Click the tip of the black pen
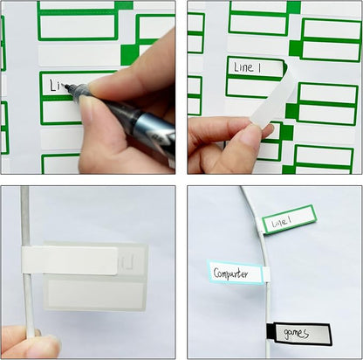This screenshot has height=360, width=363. [66, 87]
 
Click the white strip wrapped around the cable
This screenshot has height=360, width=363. [70, 259]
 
